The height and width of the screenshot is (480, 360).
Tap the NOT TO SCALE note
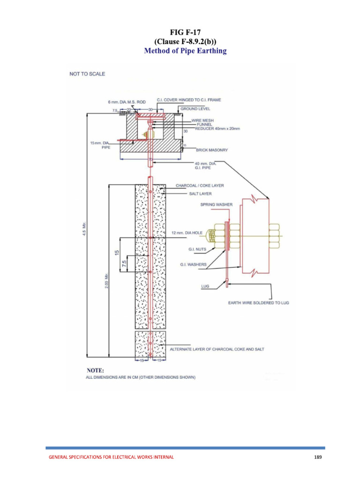click(87, 74)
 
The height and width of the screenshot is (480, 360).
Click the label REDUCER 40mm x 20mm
click(217, 128)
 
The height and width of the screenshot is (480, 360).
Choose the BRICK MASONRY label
click(212, 150)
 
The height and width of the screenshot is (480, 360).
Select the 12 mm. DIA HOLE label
click(187, 232)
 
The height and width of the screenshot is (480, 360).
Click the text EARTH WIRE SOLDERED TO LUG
click(258, 303)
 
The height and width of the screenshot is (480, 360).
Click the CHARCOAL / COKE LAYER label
click(200, 185)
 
